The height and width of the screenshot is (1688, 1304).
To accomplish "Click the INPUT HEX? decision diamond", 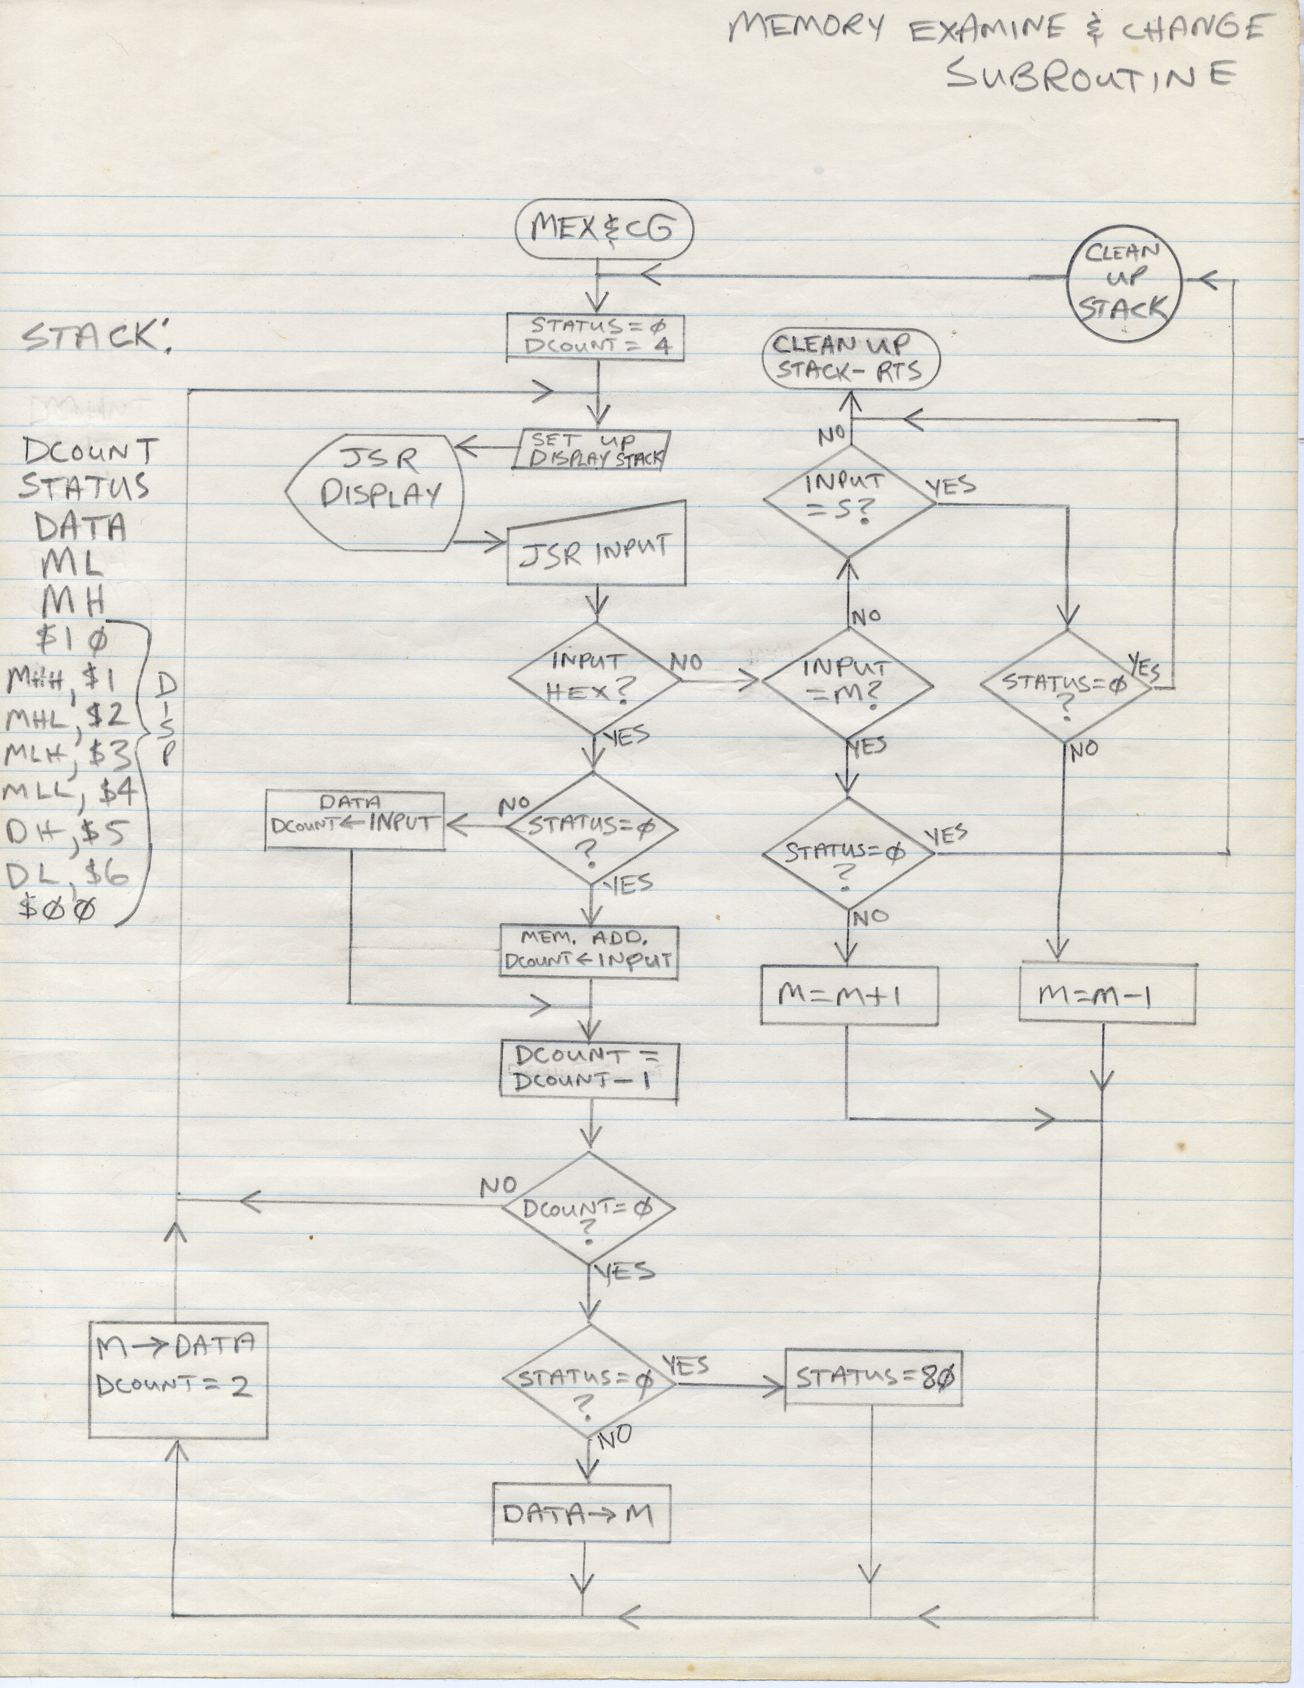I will pyautogui.click(x=594, y=679).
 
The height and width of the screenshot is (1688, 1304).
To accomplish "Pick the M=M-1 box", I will pyautogui.click(x=1107, y=994).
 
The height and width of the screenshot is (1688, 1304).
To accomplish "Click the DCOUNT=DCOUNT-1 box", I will pyautogui.click(x=591, y=1070).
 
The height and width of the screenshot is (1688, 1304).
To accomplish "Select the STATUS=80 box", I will pyautogui.click(x=873, y=1377).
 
